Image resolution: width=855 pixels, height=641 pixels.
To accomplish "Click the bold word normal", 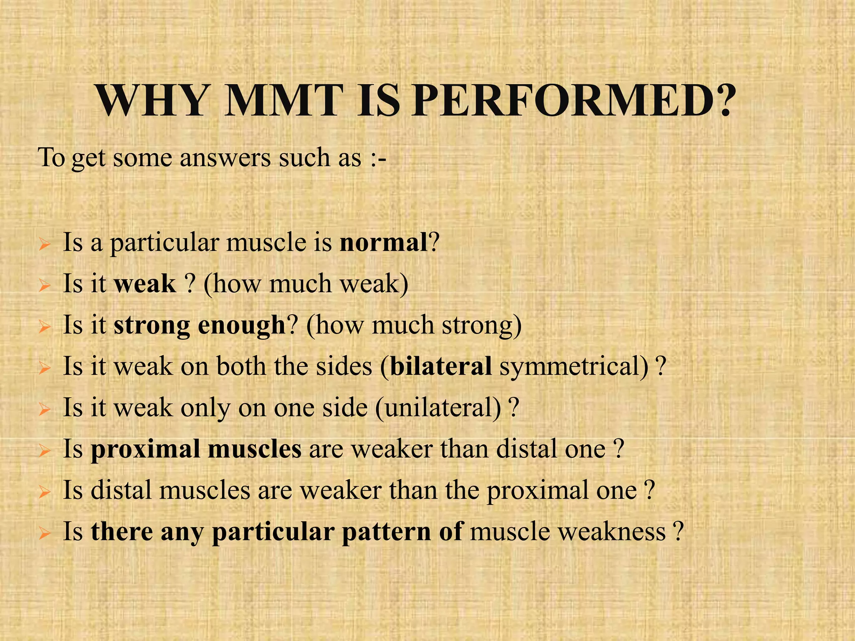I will click(384, 242).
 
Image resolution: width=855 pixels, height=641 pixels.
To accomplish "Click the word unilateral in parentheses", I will click(438, 408).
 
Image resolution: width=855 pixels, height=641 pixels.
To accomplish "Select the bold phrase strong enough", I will click(199, 326).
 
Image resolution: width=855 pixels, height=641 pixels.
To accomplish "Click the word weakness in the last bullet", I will click(568, 532).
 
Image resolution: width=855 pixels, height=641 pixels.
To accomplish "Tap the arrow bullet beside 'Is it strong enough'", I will click(44, 327).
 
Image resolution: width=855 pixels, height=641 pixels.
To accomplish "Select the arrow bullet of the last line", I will click(44, 534).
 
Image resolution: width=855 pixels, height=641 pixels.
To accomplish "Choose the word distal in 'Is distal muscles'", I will click(121, 490).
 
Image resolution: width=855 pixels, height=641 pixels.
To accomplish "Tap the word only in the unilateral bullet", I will click(205, 408).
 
